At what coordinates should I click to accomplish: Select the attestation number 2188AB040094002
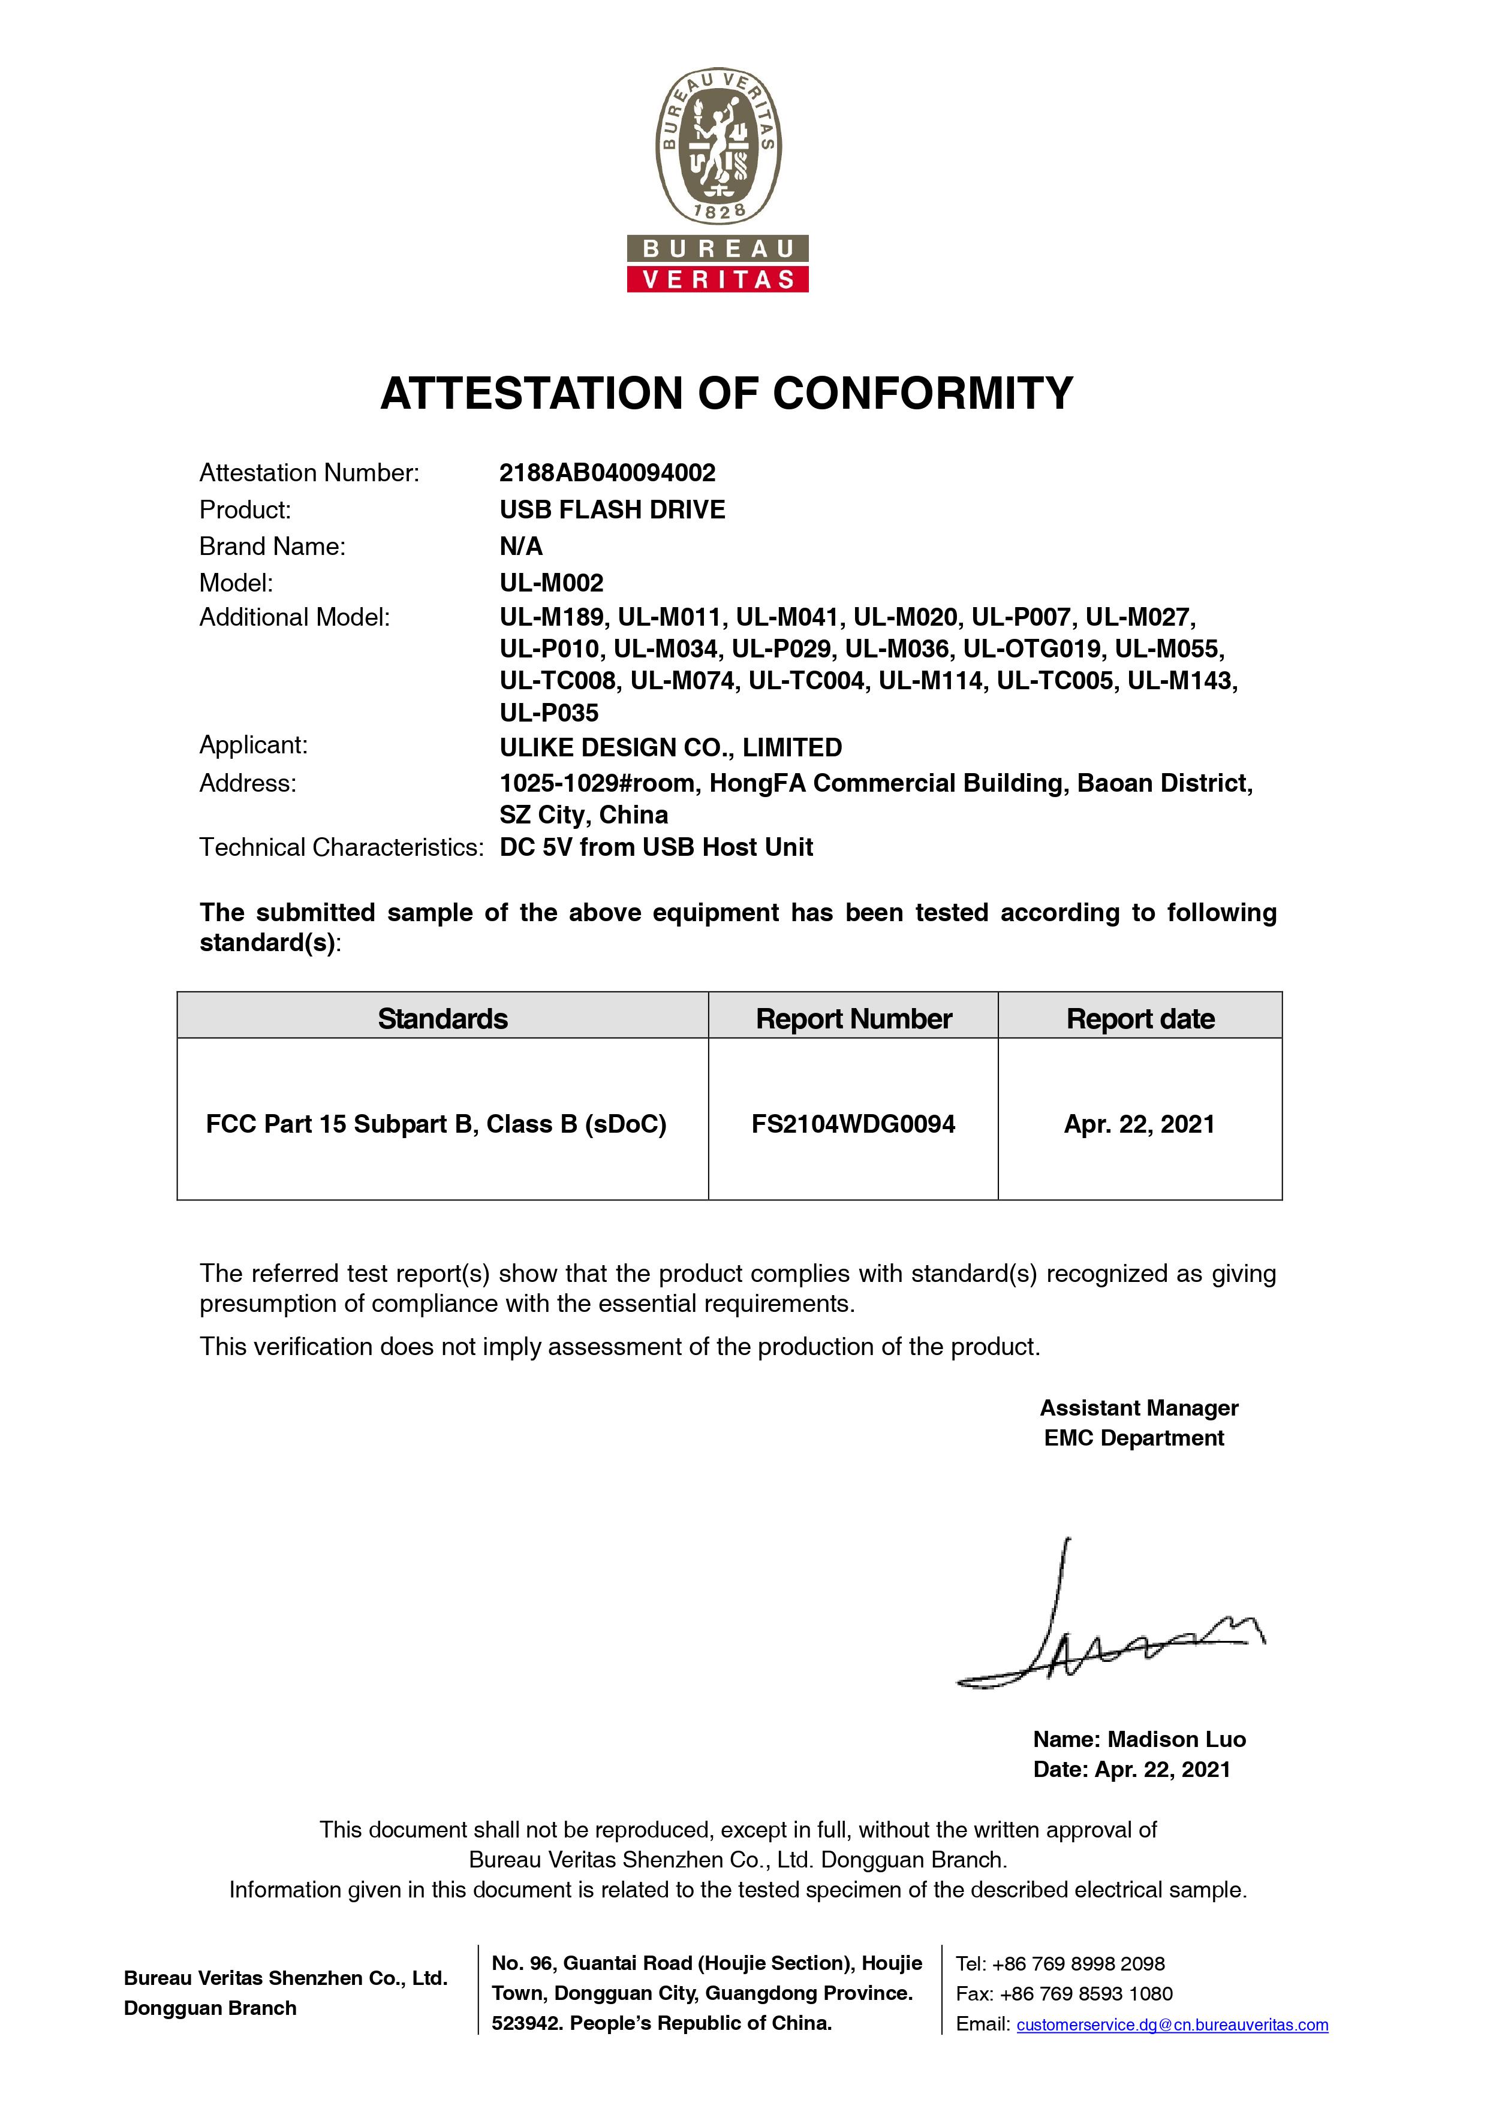pyautogui.click(x=607, y=473)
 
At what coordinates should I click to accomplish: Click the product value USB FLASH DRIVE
pyautogui.click(x=612, y=509)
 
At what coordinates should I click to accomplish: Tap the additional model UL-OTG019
pyautogui.click(x=1032, y=650)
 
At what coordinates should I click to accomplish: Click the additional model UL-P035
pyautogui.click(x=549, y=713)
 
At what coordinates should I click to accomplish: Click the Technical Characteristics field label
pyautogui.click(x=341, y=847)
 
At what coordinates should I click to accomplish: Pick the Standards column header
pyautogui.click(x=443, y=1018)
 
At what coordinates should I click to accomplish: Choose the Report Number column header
pyautogui.click(x=853, y=1018)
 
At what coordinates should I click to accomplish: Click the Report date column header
pyautogui.click(x=1140, y=1018)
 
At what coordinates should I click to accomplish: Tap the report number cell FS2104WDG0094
pyautogui.click(x=853, y=1124)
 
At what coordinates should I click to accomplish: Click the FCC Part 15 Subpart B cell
pyautogui.click(x=436, y=1124)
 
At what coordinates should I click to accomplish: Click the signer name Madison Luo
pyautogui.click(x=1176, y=1739)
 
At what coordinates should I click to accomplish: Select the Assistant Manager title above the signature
pyautogui.click(x=1139, y=1408)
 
